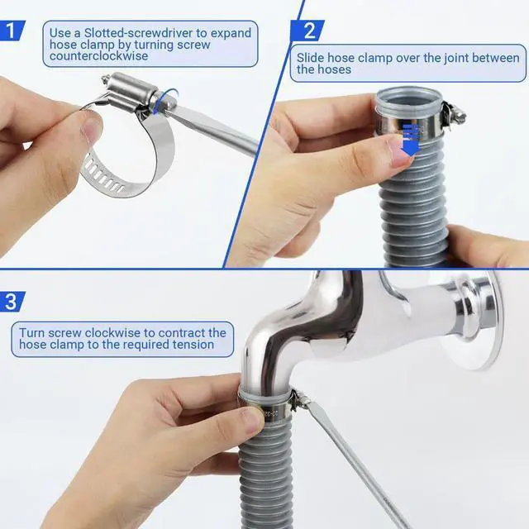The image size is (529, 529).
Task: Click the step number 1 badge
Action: (x=12, y=31)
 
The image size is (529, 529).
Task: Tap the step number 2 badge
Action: (x=307, y=31)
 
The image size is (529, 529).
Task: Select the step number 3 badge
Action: (x=12, y=301)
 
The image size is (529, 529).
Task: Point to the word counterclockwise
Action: (x=98, y=55)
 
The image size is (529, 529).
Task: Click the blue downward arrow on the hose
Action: (x=411, y=140)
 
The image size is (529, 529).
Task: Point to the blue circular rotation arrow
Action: (x=165, y=101)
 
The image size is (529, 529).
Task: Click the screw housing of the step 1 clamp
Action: (x=132, y=88)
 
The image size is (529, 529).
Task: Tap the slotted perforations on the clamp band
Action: (x=102, y=176)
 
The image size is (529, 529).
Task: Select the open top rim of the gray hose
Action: (x=409, y=98)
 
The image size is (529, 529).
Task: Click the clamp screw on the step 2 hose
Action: (x=455, y=113)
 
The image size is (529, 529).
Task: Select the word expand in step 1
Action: (x=231, y=33)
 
